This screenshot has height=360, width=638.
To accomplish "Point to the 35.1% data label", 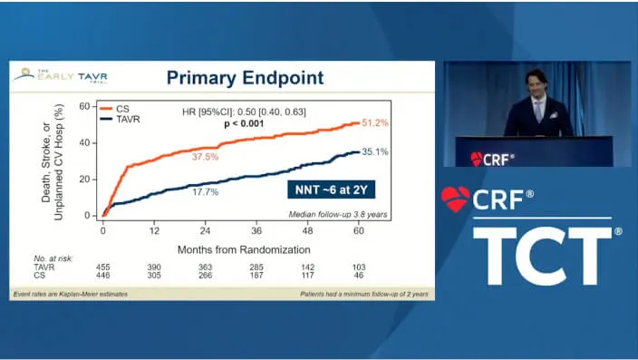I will [375, 152].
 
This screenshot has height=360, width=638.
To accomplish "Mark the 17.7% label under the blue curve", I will [205, 192].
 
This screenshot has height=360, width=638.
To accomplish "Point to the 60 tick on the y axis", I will [84, 106].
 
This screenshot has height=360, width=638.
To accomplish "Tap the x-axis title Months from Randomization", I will [231, 248].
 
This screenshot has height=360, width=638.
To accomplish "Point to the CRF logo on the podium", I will [493, 160].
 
